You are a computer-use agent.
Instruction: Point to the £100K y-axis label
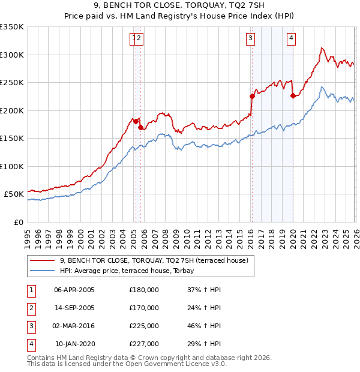coord(12,166)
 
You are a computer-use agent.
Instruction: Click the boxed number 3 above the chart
coord(250,39)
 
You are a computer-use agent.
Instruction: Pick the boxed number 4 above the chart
coord(291,39)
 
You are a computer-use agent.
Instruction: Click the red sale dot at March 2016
coord(251,95)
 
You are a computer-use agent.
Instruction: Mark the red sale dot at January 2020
coord(292,95)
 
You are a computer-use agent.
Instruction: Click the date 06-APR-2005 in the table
coord(74,290)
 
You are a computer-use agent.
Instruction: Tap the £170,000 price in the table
coord(144,308)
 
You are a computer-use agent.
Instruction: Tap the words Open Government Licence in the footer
coord(179,364)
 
